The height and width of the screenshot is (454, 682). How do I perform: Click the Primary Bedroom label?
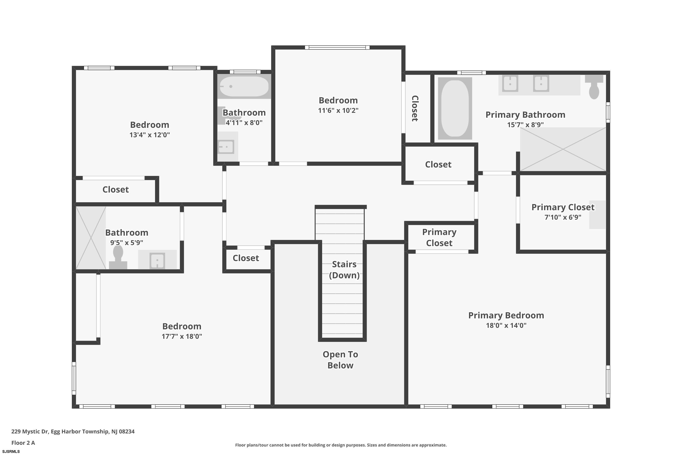click(506, 315)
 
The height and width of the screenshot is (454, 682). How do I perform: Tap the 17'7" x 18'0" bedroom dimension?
click(182, 336)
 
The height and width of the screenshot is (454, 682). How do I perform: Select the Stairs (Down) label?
click(344, 270)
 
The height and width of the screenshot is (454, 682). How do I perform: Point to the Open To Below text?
click(340, 360)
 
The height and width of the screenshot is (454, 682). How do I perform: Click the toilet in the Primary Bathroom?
click(594, 87)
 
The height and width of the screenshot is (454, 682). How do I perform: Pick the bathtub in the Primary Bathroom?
click(455, 108)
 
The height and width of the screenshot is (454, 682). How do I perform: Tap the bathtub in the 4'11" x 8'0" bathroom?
click(244, 86)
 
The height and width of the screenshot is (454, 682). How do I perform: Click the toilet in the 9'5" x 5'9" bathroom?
click(118, 257)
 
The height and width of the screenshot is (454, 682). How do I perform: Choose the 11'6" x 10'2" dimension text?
click(338, 110)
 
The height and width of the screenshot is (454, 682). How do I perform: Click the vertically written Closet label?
click(415, 108)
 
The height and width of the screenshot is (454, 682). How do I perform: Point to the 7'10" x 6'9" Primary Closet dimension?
click(563, 217)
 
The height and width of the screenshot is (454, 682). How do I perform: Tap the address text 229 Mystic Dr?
click(30, 432)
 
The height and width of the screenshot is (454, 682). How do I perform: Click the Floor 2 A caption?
click(23, 443)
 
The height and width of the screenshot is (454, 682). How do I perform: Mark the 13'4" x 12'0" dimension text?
click(150, 135)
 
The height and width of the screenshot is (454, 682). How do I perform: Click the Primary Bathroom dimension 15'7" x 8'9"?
click(525, 124)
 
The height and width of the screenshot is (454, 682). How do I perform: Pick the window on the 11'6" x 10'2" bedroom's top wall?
click(337, 47)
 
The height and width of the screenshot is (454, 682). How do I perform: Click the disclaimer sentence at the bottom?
click(341, 445)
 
